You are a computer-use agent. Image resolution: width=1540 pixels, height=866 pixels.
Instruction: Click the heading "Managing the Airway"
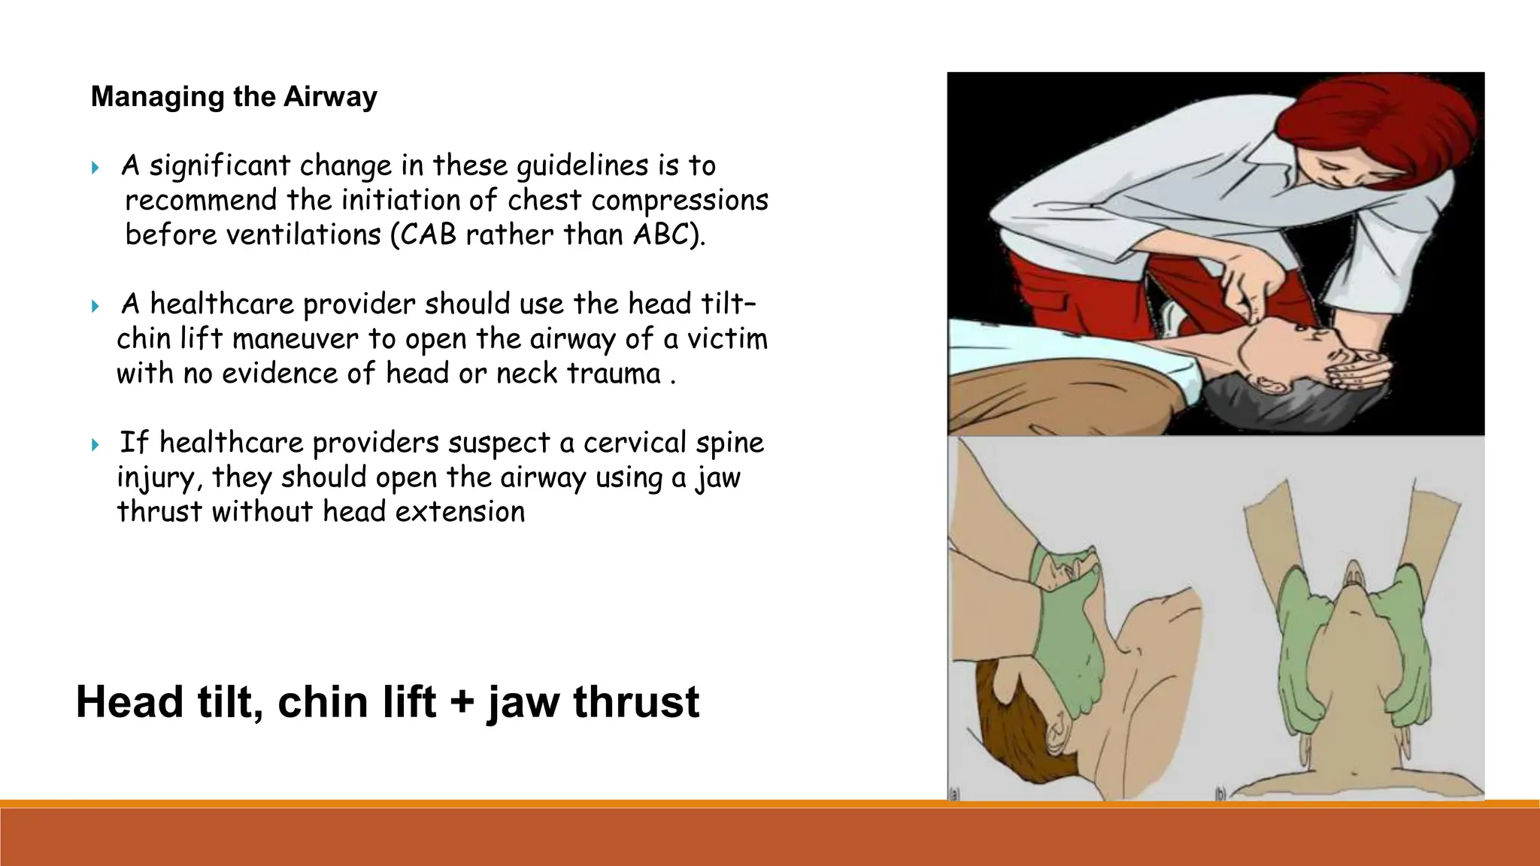click(x=234, y=97)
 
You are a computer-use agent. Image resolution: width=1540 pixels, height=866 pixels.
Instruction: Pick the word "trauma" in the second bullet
click(x=613, y=374)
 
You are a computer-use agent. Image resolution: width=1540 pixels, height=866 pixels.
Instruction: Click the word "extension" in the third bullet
click(x=460, y=512)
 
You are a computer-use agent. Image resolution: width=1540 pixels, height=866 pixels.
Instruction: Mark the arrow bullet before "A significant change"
click(x=95, y=167)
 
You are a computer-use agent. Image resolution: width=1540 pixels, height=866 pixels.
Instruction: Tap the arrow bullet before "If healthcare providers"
click(x=95, y=444)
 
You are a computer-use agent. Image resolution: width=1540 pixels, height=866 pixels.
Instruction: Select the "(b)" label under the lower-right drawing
click(x=1221, y=793)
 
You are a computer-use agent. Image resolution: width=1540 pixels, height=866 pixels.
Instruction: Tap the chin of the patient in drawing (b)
click(x=1354, y=601)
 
